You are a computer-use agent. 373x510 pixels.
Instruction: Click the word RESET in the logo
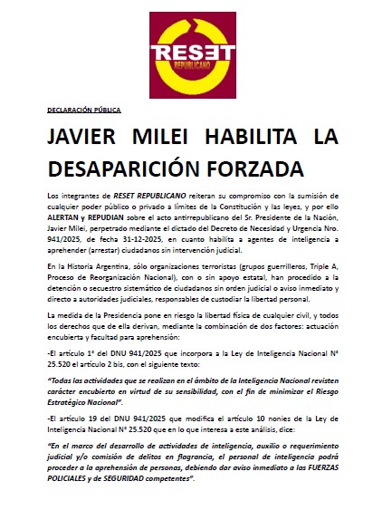[186, 52]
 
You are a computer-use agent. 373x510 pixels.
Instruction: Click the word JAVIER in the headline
[89, 139]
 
